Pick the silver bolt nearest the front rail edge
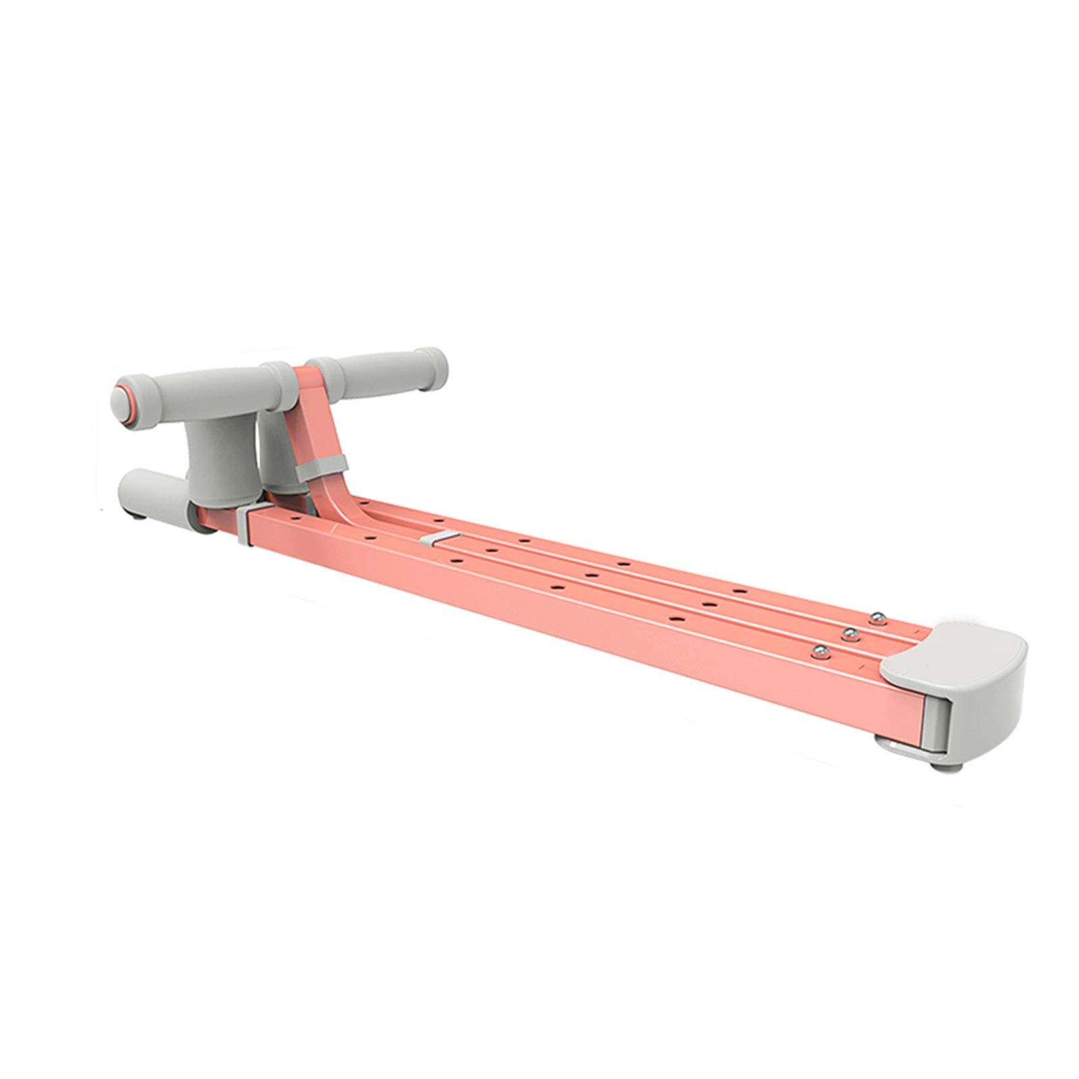tap(820, 651)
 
